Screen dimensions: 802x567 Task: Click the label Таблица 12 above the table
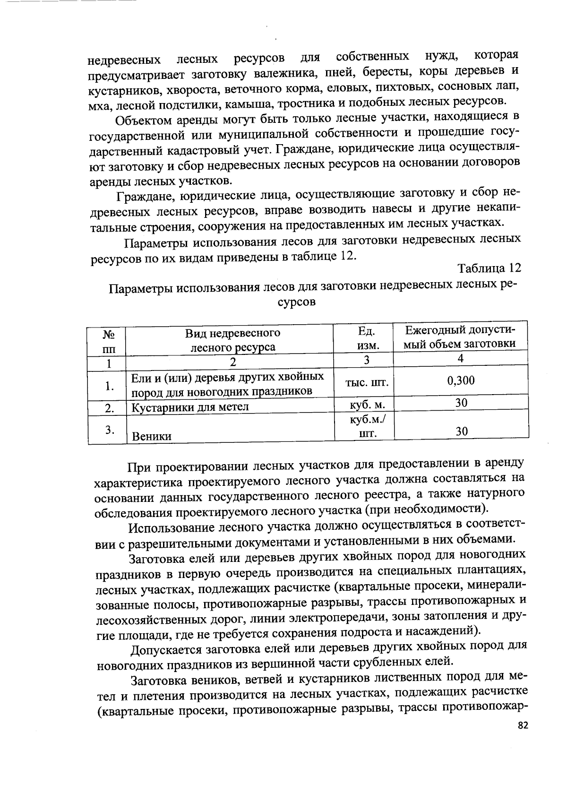pos(489,268)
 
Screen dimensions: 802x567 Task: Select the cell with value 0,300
pos(461,381)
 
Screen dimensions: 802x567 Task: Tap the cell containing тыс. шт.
pos(364,383)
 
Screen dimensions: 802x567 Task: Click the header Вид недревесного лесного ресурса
pos(232,340)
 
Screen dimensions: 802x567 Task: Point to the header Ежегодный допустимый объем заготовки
pos(461,336)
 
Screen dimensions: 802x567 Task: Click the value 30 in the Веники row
pos(461,431)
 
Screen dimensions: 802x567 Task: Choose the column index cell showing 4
pos(461,359)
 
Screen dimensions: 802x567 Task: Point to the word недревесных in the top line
pos(124,60)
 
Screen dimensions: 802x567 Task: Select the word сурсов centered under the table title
pos(296,302)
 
